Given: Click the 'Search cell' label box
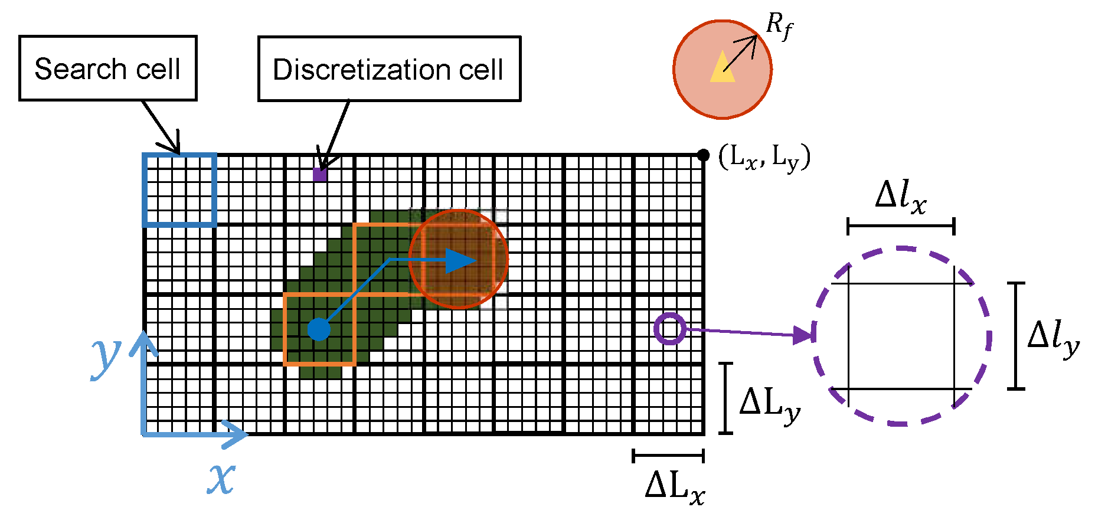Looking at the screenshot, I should coord(107,68).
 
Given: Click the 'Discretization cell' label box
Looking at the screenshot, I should coord(389,69).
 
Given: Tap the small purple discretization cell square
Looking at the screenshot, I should coord(319,175).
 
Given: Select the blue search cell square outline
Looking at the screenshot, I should coord(179,189).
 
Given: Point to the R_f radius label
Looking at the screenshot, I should coord(779,26).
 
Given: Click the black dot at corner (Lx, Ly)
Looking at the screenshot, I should coord(703,155).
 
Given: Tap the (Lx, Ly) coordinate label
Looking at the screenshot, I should coord(764,157).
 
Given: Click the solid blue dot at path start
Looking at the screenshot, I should coord(319,329).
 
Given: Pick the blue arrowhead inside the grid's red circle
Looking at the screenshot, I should coord(460,260).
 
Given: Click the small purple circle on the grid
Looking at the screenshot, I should coord(669,328).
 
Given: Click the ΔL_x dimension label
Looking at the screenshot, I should coord(675,488).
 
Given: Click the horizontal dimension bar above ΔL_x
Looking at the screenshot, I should coord(668,455).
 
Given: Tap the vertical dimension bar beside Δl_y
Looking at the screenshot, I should coord(1015,336).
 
